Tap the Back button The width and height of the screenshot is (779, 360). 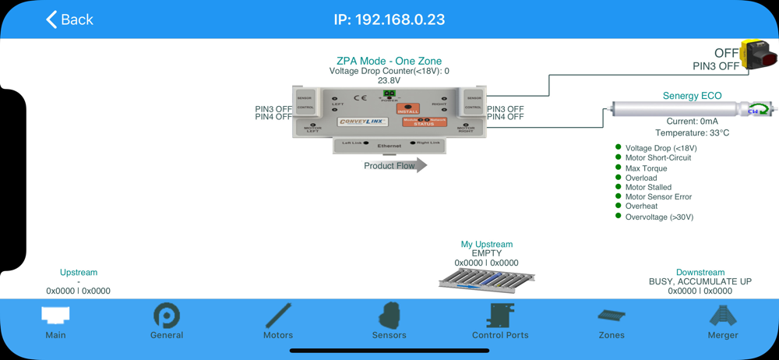pos(69,19)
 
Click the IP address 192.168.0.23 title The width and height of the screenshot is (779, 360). pos(389,19)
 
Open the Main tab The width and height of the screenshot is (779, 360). pos(55,322)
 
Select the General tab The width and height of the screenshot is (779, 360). pos(167,321)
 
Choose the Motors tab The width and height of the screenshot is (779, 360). pos(278,321)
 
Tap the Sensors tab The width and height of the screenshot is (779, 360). pos(389,321)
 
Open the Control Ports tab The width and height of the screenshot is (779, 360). pos(500,321)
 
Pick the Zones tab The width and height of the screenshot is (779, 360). pos(612,321)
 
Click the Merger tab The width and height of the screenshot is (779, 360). pos(723,321)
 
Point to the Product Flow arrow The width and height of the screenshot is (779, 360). pos(396,165)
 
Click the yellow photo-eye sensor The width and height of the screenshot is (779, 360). pos(759,55)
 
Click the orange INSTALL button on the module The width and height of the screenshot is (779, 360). pos(407,109)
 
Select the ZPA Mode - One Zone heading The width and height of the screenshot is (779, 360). pos(389,61)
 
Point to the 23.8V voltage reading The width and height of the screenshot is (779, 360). pos(389,80)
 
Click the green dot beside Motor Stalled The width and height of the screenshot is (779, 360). pos(619,187)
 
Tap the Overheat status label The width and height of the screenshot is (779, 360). pos(641,206)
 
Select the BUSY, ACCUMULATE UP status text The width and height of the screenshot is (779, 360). pos(700,281)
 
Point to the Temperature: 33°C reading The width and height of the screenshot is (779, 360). pos(692,133)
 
